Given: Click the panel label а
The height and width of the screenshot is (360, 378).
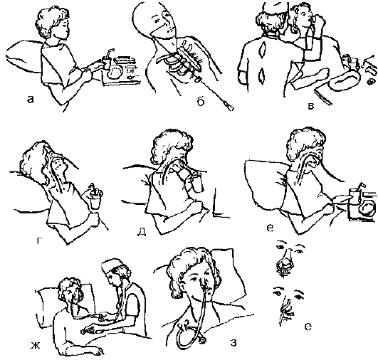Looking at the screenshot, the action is point(30,99).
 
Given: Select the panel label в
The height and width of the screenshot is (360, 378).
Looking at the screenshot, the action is point(311,106).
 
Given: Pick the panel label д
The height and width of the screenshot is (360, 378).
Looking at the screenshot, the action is point(142,231).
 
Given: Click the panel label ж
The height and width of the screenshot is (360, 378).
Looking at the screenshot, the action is point(35,346).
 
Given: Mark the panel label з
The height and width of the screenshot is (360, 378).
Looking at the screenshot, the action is point(233,343).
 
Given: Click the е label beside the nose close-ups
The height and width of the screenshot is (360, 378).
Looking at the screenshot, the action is point(308,327).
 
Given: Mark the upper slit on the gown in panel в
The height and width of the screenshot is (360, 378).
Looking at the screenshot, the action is point(263,50).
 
